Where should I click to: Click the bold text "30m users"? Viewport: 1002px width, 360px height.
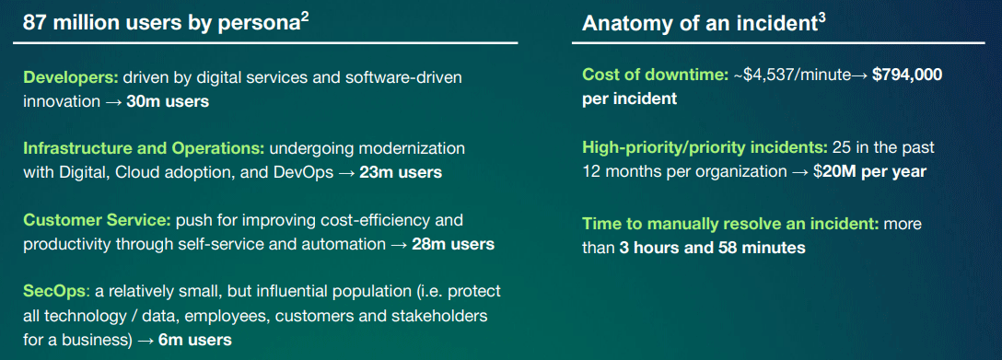pyautogui.click(x=168, y=101)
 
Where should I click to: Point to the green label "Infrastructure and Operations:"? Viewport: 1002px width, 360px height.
pyautogui.click(x=144, y=149)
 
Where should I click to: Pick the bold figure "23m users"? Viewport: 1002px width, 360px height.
pyautogui.click(x=401, y=173)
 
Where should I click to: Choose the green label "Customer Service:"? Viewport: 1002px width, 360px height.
pyautogui.click(x=97, y=220)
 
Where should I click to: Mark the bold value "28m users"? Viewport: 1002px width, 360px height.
pyautogui.click(x=453, y=245)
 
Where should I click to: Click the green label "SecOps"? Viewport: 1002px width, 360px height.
pyautogui.click(x=53, y=292)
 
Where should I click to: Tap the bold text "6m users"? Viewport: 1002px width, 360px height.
pyautogui.click(x=194, y=341)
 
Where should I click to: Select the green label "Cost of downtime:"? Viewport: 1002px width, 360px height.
pyautogui.click(x=656, y=75)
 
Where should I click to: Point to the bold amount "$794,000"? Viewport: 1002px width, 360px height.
pyautogui.click(x=907, y=75)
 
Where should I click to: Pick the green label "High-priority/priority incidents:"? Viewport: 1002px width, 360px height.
pyautogui.click(x=705, y=148)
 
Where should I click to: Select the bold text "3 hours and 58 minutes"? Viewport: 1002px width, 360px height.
pyautogui.click(x=712, y=249)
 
